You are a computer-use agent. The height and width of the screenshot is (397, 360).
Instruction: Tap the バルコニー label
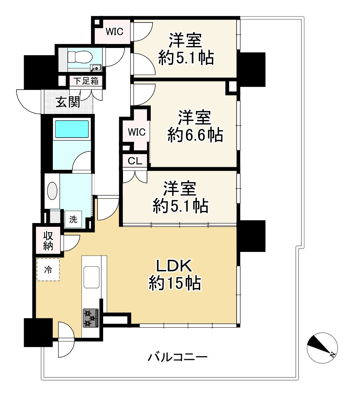tap(177, 357)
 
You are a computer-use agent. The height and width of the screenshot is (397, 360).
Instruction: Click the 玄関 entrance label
tap(68, 102)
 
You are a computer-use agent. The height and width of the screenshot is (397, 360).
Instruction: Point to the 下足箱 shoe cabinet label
tap(86, 81)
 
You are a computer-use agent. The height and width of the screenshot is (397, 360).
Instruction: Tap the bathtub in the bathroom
tap(72, 129)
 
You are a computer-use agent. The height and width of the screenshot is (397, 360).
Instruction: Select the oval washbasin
tap(52, 192)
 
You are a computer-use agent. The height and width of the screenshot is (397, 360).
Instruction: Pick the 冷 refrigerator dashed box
tap(48, 269)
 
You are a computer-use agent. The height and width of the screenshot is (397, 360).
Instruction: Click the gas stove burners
tap(90, 318)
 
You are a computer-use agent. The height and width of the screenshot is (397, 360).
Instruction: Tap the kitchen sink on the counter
tap(91, 277)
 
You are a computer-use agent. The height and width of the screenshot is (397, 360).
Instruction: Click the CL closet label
tap(135, 162)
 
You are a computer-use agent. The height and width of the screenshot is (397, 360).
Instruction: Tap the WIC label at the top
tap(114, 32)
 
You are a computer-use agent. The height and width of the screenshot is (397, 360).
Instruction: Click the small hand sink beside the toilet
tap(96, 68)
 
